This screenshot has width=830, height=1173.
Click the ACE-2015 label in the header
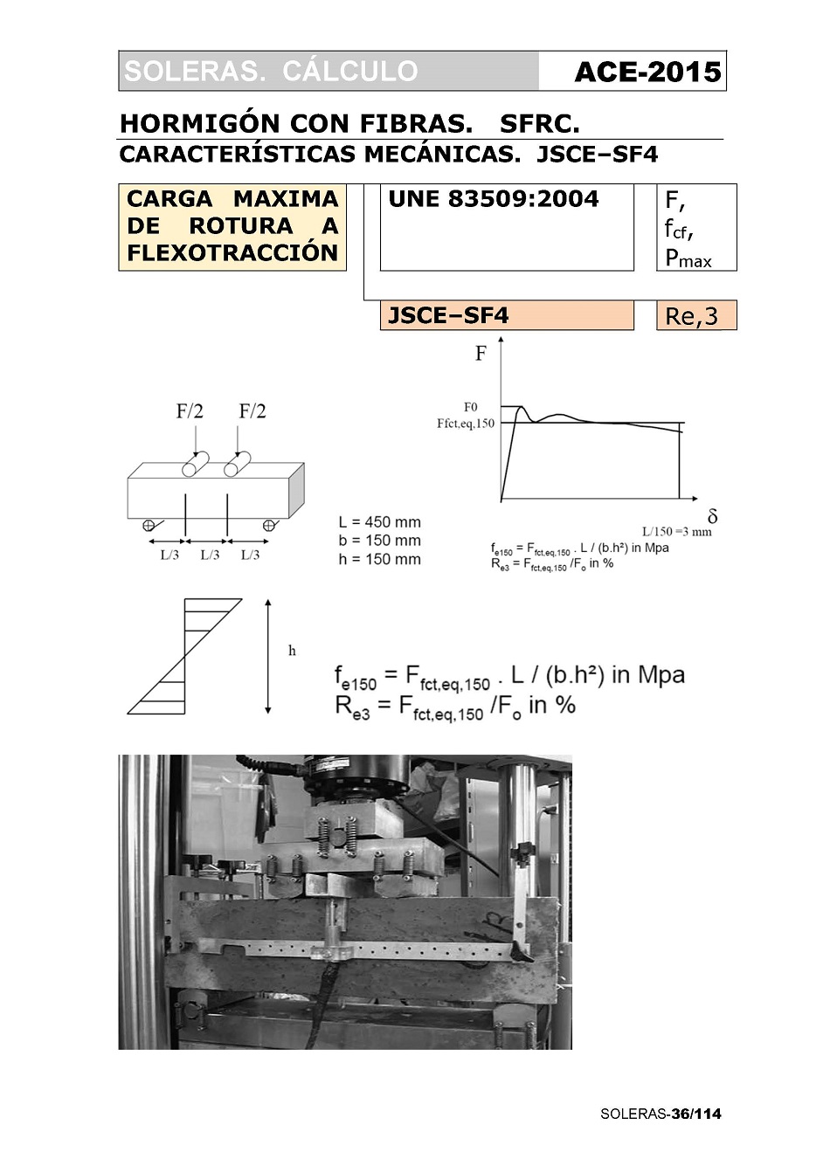click(647, 72)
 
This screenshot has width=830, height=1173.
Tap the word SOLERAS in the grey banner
click(192, 72)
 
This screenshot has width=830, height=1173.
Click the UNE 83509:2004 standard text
click(494, 199)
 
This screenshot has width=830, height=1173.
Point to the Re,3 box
click(696, 315)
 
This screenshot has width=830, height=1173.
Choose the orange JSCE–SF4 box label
click(448, 315)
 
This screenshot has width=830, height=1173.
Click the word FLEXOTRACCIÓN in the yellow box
click(232, 253)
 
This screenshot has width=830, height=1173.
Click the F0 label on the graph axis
click(470, 407)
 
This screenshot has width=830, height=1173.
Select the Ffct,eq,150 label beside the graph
click(466, 423)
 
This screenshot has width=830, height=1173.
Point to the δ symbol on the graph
click(712, 516)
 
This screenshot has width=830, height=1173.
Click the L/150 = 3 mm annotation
click(677, 532)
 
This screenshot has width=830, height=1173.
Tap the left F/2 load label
click(189, 411)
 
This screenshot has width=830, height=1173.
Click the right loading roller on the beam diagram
click(238, 465)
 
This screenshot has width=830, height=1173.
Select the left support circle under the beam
click(149, 525)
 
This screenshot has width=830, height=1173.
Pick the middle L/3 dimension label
click(210, 555)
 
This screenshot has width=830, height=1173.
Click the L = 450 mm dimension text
click(380, 522)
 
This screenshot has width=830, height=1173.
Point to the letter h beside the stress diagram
click(292, 651)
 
